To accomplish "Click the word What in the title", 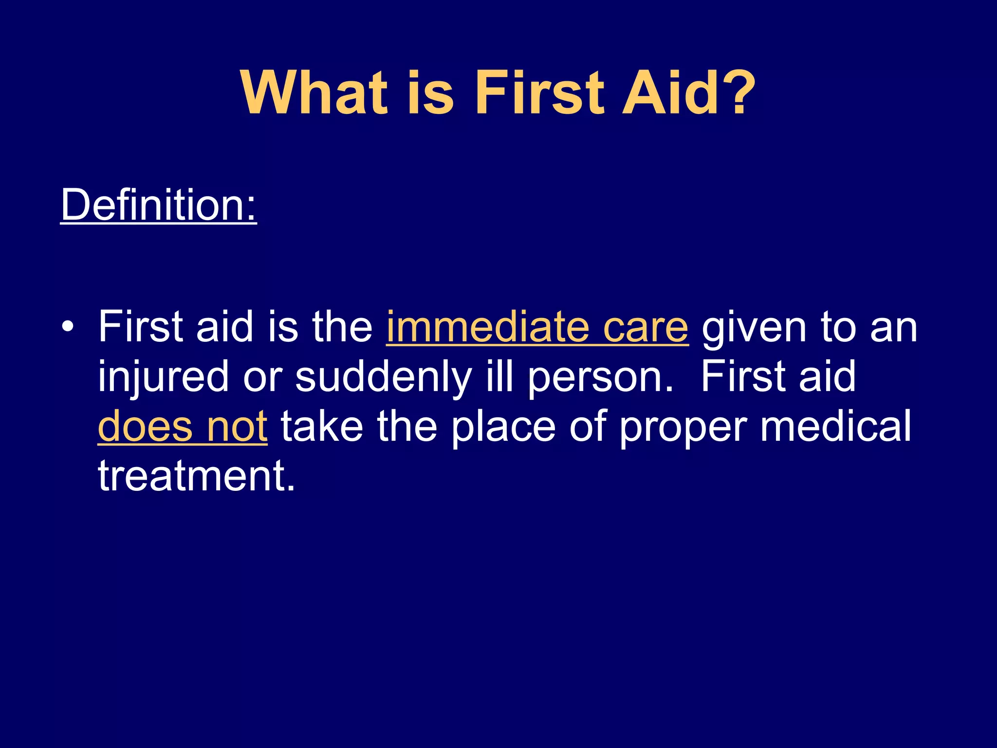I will (x=314, y=93).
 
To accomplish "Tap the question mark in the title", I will (x=738, y=93).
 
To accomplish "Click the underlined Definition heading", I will (x=158, y=206).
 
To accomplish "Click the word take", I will (x=322, y=427).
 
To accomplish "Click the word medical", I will (x=835, y=427).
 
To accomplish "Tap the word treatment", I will (x=196, y=476).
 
